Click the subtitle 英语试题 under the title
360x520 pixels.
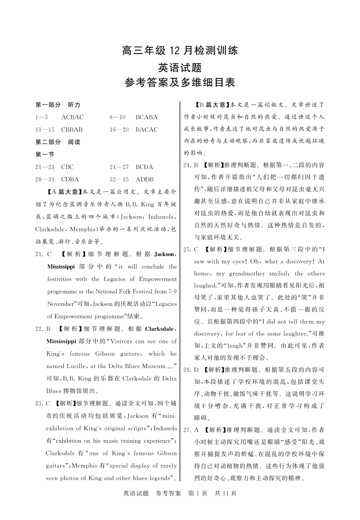179,67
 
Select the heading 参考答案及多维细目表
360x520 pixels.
179,83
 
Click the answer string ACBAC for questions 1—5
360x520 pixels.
72,117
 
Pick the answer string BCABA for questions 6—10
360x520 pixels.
146,117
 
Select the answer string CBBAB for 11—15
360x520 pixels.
72,130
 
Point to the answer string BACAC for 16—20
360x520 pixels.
147,130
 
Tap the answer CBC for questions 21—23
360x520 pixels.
67,167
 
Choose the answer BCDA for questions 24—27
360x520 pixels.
144,167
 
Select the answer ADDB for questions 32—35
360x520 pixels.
144,179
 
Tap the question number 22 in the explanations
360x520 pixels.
39,329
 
